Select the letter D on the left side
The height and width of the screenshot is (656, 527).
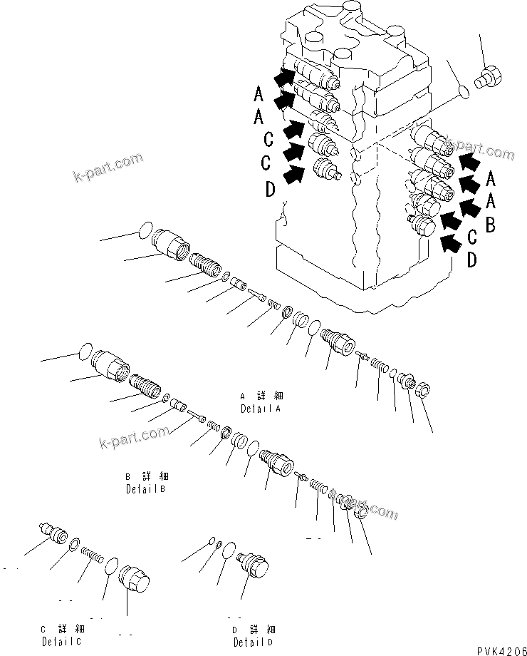point(270,190)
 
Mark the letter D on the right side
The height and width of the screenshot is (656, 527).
point(472,261)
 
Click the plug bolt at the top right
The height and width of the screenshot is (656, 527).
point(490,76)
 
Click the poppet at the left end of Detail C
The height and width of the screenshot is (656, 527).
point(53,533)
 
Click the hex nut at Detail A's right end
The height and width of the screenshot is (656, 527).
point(420,391)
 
